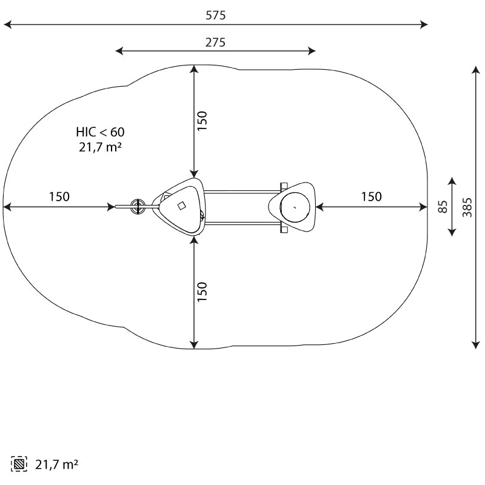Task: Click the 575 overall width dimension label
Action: [216, 15]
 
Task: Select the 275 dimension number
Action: [215, 42]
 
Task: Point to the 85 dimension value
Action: [443, 207]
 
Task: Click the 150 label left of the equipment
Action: [59, 196]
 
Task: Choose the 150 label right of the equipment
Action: [372, 196]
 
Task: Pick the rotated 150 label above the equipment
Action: [202, 121]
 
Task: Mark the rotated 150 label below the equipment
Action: [202, 292]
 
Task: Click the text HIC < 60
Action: [100, 132]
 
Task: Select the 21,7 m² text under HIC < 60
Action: [100, 147]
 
